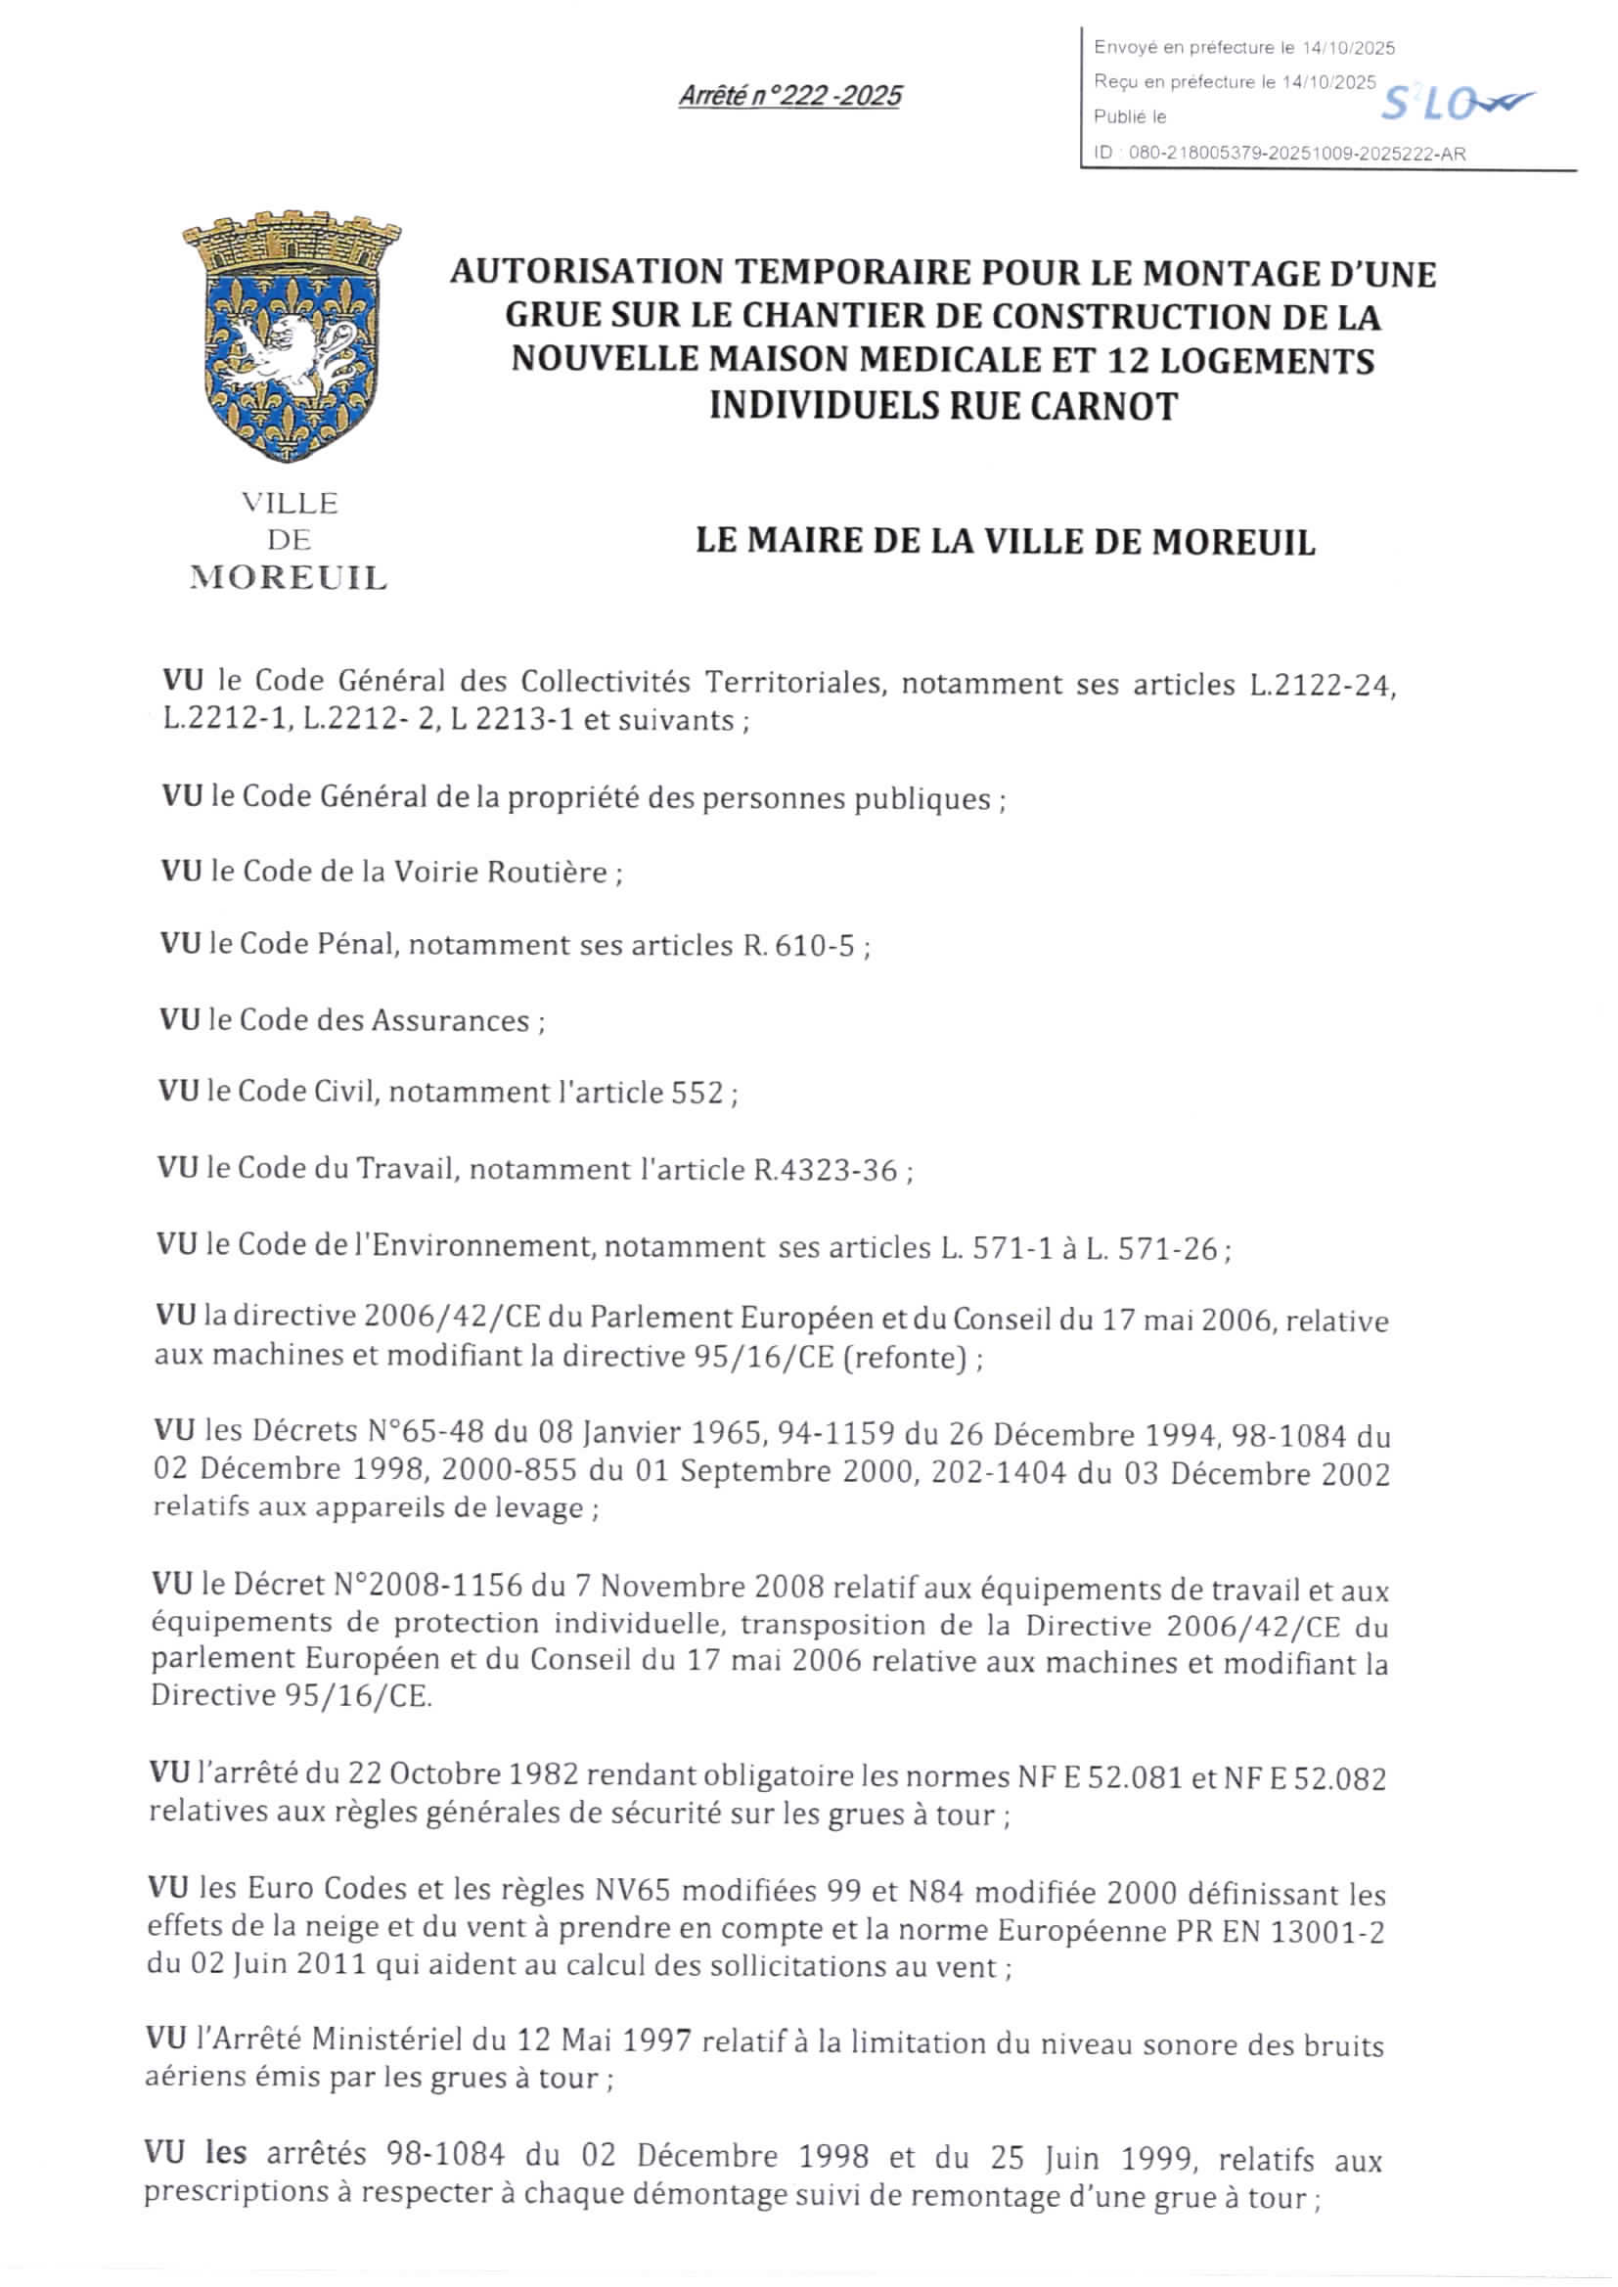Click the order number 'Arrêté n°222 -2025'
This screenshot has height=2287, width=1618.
(789, 97)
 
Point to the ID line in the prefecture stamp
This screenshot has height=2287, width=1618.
(1280, 155)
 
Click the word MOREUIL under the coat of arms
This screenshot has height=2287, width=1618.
(289, 579)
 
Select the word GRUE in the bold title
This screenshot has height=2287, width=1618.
(550, 316)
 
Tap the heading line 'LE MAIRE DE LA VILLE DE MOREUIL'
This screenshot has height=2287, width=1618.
(1005, 542)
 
